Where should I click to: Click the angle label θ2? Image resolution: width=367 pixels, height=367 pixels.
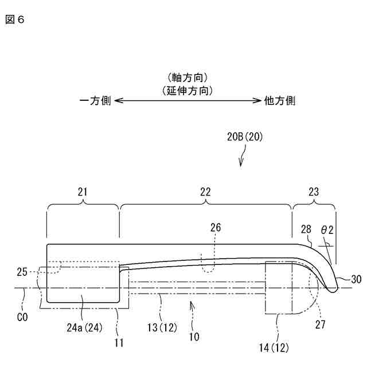pos(327,229)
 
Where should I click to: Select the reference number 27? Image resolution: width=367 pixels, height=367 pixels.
pos(322,325)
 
